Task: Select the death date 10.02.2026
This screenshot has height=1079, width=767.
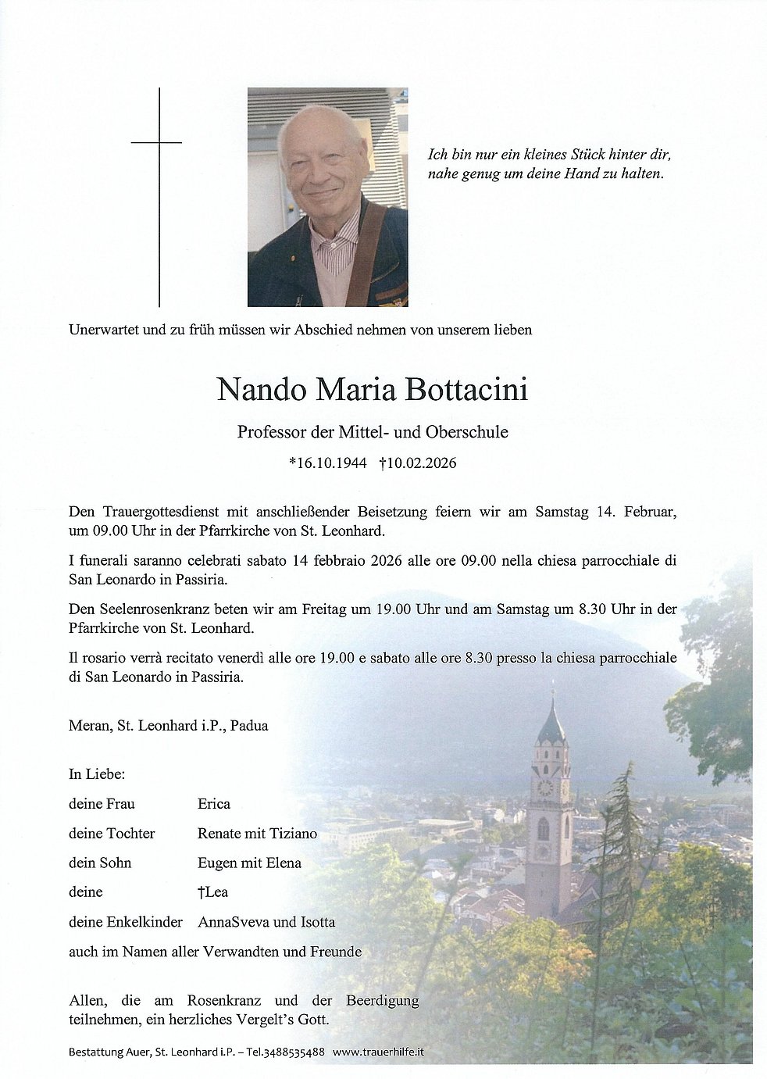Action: click(421, 463)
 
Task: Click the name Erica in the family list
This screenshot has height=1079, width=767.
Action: click(214, 803)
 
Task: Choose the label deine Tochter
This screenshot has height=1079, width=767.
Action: click(112, 833)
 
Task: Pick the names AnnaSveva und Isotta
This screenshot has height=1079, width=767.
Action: click(266, 922)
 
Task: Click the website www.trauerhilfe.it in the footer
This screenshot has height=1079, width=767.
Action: click(378, 1052)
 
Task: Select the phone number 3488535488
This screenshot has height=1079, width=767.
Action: click(295, 1052)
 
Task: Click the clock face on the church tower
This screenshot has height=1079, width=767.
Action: click(544, 788)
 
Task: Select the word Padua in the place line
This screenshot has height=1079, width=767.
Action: click(249, 725)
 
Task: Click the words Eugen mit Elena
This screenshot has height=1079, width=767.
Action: click(249, 863)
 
